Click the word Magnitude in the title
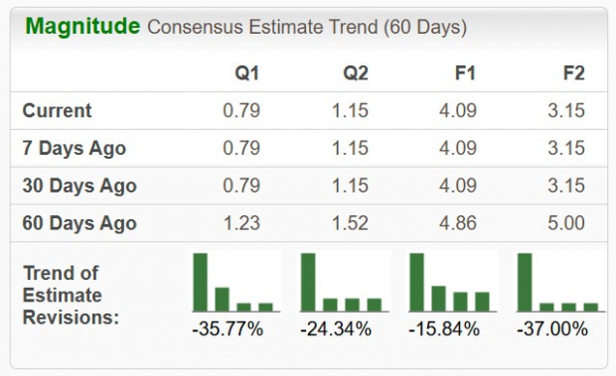tap(82, 27)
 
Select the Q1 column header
tap(246, 72)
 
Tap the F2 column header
tap(572, 72)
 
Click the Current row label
tap(57, 110)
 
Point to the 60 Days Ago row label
tap(78, 223)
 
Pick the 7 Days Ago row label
tap(74, 148)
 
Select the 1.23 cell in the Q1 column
tap(241, 223)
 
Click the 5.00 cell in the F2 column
tap(566, 223)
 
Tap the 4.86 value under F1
tap(458, 223)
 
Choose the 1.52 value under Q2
tap(350, 223)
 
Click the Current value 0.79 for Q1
tap(241, 110)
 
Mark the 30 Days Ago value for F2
tap(566, 186)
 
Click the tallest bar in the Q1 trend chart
tap(201, 282)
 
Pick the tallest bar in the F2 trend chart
tap(525, 282)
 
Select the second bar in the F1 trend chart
tap(438, 298)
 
